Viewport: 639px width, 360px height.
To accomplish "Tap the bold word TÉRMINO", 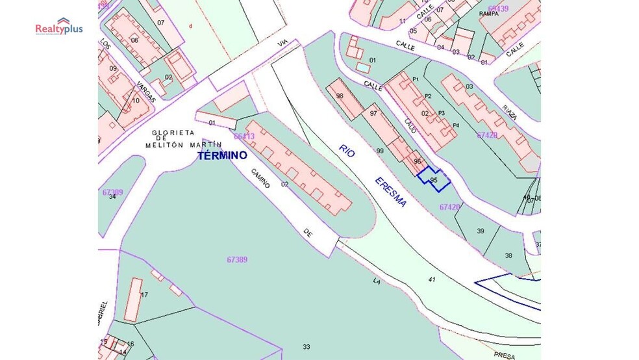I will [222, 156].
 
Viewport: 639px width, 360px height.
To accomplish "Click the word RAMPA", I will [488, 13].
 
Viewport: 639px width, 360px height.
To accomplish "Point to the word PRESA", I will [504, 355].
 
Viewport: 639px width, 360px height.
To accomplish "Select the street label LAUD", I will [411, 125].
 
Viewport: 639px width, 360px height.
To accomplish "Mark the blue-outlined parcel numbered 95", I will [434, 179].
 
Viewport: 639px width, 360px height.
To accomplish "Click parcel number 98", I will [340, 96].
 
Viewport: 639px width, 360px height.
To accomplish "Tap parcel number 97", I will [373, 114].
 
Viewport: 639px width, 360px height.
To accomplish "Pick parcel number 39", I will [481, 231].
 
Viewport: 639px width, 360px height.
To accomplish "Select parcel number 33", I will [307, 346].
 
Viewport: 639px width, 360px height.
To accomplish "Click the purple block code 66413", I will [244, 136].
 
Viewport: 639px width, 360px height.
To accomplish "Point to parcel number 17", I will [144, 295].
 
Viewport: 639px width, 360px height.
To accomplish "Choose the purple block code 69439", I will [498, 8].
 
